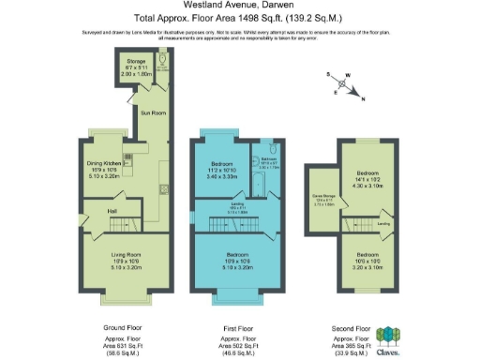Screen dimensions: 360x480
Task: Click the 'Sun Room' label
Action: (x=152, y=112)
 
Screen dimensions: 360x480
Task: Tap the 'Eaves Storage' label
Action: (x=323, y=202)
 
